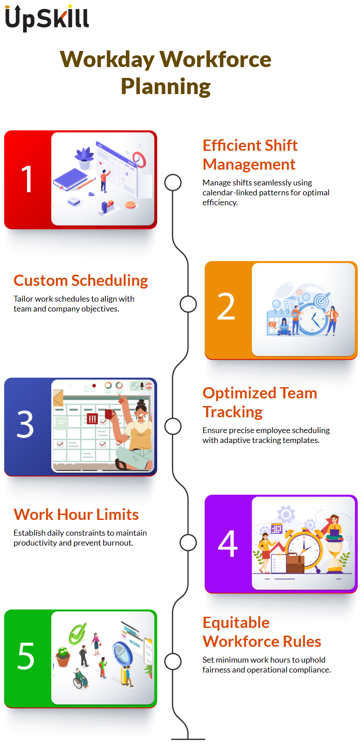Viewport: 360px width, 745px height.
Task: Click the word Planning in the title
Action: click(x=166, y=86)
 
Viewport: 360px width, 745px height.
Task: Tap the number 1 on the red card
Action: click(x=27, y=179)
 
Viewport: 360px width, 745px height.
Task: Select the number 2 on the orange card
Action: click(x=226, y=306)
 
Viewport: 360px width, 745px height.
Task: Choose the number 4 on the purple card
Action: click(x=228, y=543)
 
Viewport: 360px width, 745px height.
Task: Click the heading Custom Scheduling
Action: click(x=81, y=281)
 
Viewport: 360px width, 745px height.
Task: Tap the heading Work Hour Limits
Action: click(x=76, y=515)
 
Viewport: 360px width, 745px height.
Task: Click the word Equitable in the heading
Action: click(x=236, y=623)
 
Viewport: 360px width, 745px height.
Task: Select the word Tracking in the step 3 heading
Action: click(x=233, y=412)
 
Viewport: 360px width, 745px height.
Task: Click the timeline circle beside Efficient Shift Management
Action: click(x=173, y=183)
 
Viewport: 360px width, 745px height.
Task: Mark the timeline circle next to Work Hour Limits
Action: click(x=188, y=543)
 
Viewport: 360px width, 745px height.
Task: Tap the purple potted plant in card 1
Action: click(x=85, y=158)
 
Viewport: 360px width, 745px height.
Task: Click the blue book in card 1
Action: click(x=70, y=180)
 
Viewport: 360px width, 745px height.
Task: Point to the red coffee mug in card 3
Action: click(x=109, y=414)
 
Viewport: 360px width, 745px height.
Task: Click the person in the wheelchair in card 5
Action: click(x=80, y=678)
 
